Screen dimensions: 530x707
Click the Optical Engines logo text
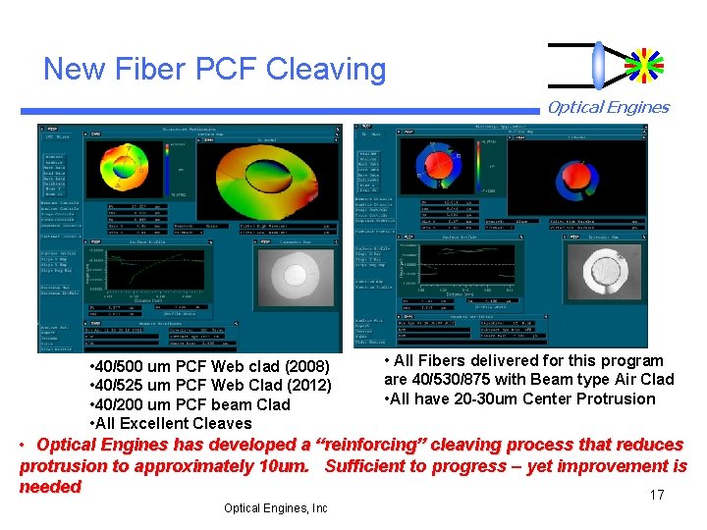pos(608,108)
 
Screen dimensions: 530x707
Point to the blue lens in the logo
pos(598,65)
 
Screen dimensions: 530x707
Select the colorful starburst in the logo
pos(644,65)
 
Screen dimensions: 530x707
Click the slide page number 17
pos(657,495)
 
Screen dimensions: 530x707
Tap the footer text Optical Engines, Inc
pos(276,508)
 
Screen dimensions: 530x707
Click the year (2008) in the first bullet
pos(307,368)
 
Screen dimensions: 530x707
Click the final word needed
pos(50,487)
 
